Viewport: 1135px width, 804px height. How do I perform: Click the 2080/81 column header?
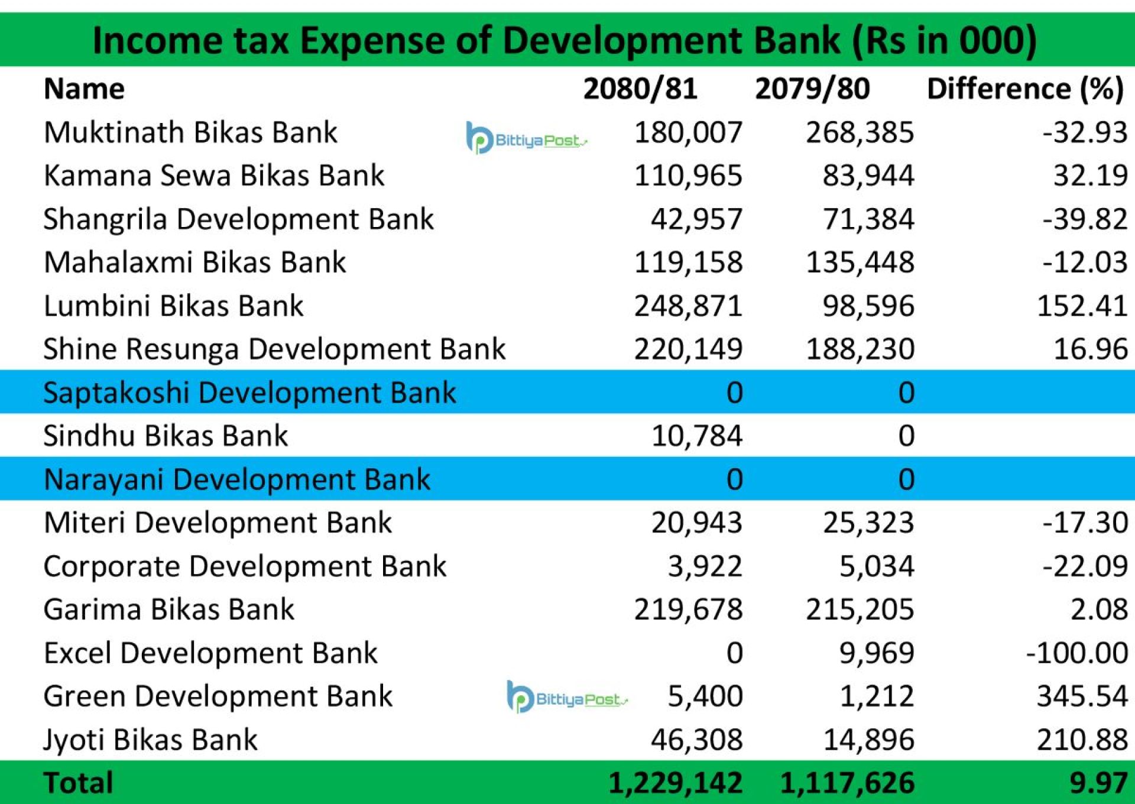640,89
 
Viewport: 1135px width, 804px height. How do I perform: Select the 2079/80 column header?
812,89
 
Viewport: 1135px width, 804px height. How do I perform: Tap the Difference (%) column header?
1025,89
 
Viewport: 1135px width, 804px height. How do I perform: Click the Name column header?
84,89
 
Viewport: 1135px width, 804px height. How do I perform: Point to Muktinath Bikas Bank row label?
190,132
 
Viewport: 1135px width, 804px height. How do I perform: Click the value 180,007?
688,132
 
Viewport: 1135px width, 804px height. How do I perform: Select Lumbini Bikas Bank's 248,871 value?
688,306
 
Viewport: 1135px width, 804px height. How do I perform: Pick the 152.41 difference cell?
1082,306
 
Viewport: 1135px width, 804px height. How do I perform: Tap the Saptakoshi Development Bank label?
249,393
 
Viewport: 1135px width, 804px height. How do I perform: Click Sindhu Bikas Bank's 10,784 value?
696,436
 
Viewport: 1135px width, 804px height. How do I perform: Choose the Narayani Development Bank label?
236,479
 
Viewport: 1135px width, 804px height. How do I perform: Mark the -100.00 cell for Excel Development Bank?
1076,653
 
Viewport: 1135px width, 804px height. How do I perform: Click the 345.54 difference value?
1082,696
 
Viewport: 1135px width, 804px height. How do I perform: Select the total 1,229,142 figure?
675,783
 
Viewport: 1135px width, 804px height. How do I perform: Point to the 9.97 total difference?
1098,783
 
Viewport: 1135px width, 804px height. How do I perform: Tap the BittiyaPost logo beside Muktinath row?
526,139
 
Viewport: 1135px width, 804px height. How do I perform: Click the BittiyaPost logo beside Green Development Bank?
566,698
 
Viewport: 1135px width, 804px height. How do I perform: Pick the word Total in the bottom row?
78,783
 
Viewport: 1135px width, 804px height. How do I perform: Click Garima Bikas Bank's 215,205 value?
860,610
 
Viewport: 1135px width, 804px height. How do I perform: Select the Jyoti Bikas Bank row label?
150,740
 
